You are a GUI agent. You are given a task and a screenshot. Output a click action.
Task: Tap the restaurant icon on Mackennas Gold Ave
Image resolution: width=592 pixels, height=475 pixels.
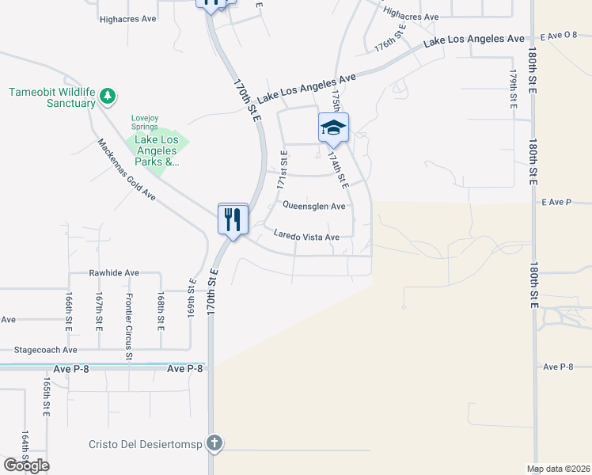[233, 218]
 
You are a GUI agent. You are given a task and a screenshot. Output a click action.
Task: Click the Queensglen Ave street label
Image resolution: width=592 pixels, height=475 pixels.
[314, 206]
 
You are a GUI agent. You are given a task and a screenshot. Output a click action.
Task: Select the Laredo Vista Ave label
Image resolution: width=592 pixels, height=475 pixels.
[306, 236]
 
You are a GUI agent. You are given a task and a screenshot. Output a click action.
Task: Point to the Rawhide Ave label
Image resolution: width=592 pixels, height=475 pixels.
[114, 272]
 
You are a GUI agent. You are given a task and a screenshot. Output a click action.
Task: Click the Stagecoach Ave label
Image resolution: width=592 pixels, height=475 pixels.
[47, 349]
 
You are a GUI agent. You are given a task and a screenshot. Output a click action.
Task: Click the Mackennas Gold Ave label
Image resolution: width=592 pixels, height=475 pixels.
[127, 170]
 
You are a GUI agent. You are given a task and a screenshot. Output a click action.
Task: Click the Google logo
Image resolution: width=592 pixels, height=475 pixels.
[26, 465]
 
